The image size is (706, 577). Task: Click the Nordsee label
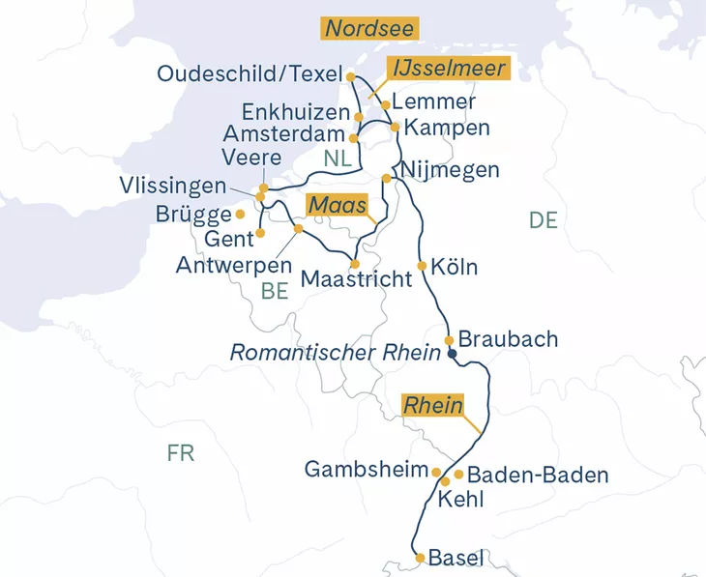(370, 28)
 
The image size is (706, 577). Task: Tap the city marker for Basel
(419, 558)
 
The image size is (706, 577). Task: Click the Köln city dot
(422, 266)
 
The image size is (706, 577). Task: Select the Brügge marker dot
(240, 214)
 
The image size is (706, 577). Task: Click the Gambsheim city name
(366, 470)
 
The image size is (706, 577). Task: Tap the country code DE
(544, 220)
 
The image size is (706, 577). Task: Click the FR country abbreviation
(180, 453)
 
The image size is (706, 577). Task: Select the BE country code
(275, 291)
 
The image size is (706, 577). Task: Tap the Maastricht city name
(356, 278)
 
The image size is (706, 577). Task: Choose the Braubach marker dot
(449, 340)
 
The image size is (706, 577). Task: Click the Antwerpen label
(234, 264)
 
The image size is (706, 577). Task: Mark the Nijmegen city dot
(387, 178)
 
